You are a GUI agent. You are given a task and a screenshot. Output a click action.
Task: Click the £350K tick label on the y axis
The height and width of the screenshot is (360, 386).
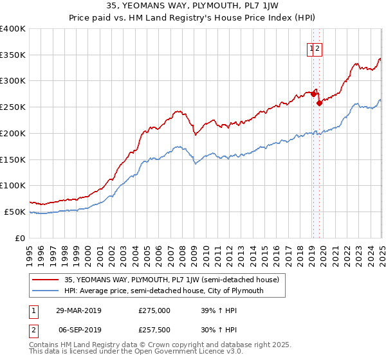(13, 55)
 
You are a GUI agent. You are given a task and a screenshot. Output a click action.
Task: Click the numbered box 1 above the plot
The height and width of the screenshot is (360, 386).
(311, 48)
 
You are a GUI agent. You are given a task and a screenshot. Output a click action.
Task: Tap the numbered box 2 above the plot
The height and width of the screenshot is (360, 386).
(318, 48)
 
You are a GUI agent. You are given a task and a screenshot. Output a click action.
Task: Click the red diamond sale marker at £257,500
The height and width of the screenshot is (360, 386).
(319, 102)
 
